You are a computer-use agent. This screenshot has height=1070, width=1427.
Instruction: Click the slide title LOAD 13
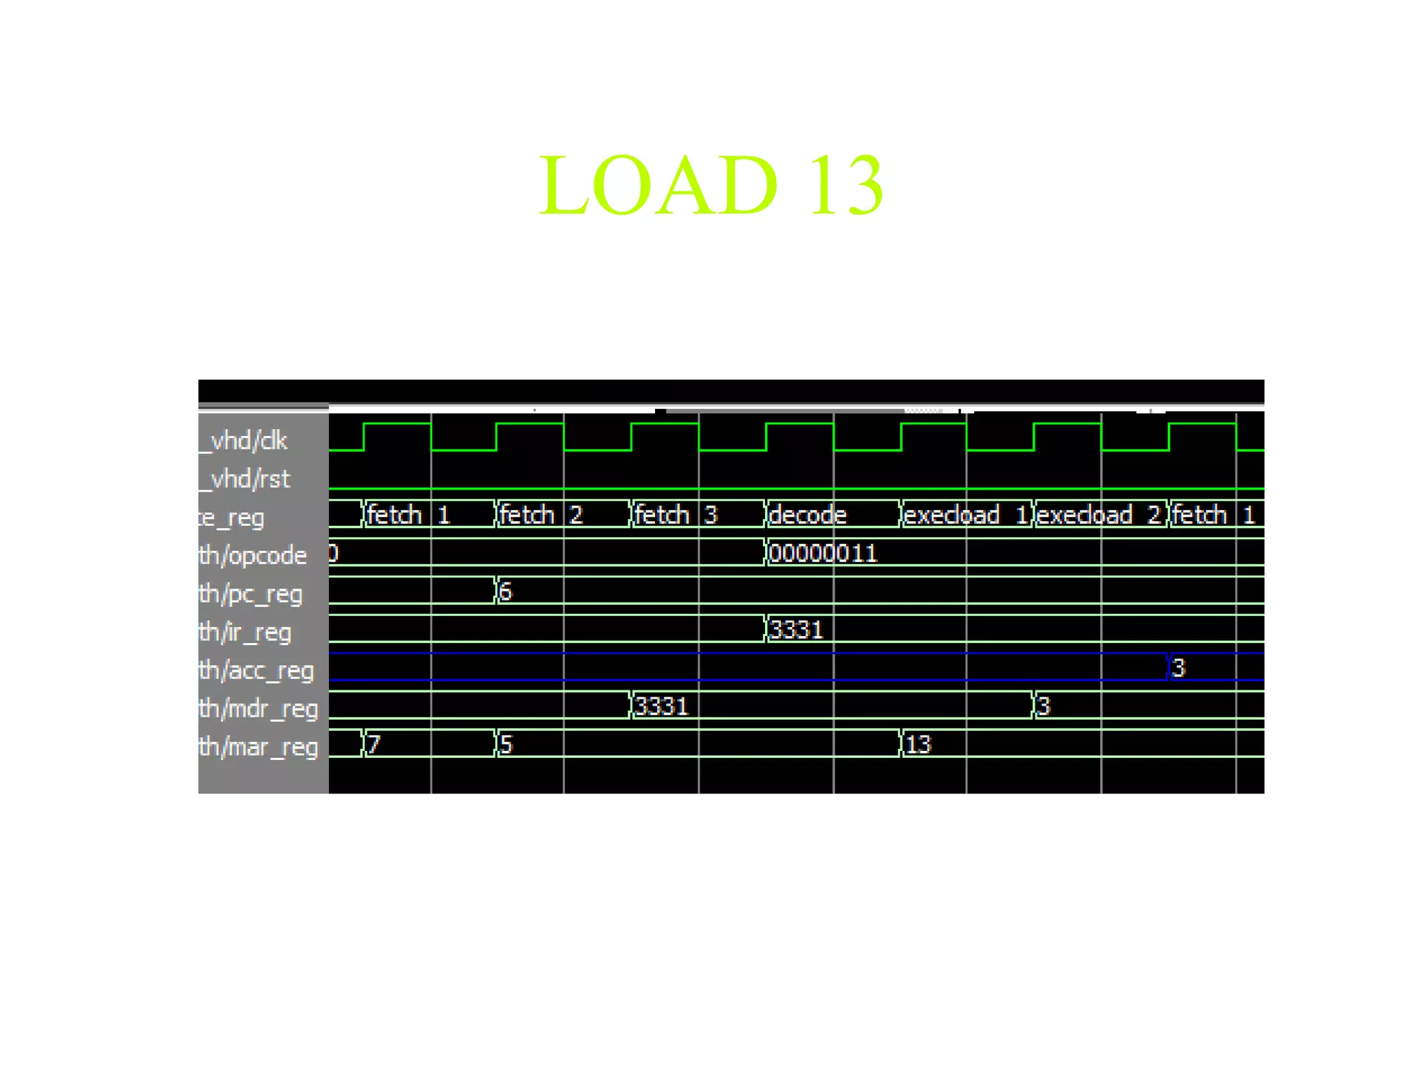coord(711,185)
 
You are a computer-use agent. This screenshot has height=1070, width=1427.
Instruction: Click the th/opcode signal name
coord(252,556)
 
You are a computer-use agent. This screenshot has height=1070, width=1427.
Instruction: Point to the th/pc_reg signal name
coord(250,594)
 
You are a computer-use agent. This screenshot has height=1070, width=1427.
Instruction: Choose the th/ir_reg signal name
coord(245,633)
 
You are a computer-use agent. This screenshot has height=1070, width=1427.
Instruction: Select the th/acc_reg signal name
coord(256,671)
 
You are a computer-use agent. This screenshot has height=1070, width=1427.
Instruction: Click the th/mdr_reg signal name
coord(258,709)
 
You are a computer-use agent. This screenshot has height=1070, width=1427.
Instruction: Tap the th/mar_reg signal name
coord(258,747)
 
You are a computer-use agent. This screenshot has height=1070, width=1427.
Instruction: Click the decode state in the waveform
coord(808,515)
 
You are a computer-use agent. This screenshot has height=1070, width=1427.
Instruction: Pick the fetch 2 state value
coord(541,515)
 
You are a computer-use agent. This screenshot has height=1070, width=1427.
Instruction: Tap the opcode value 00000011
coord(822,554)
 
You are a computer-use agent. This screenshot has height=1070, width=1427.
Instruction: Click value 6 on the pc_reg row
coord(505,592)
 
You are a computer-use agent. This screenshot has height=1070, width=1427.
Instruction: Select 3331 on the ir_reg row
coord(796,630)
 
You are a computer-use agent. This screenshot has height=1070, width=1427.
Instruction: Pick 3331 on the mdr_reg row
coord(661,707)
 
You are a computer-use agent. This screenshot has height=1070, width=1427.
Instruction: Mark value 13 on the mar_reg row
coord(918,745)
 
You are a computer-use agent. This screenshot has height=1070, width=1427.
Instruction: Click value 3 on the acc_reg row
coord(1178,669)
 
